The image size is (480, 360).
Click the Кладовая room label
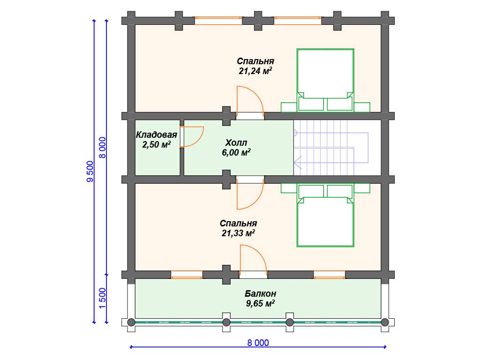[x=157, y=135]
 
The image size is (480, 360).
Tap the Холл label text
[x=236, y=142]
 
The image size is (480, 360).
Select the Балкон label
[x=260, y=293]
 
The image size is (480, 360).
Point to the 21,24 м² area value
[x=255, y=71]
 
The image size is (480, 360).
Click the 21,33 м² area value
[x=238, y=233]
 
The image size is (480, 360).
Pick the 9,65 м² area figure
[x=260, y=303]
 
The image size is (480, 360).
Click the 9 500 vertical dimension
[x=90, y=172]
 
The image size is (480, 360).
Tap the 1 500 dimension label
[x=102, y=299]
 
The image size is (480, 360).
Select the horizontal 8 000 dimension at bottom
[x=258, y=343]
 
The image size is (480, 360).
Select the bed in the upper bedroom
[x=325, y=80]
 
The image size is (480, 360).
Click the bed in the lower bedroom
[x=325, y=215]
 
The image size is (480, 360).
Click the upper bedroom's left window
[x=218, y=21]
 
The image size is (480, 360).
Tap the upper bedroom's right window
[x=298, y=21]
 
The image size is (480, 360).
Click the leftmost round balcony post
[x=131, y=322]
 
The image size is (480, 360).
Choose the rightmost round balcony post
[x=385, y=322]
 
